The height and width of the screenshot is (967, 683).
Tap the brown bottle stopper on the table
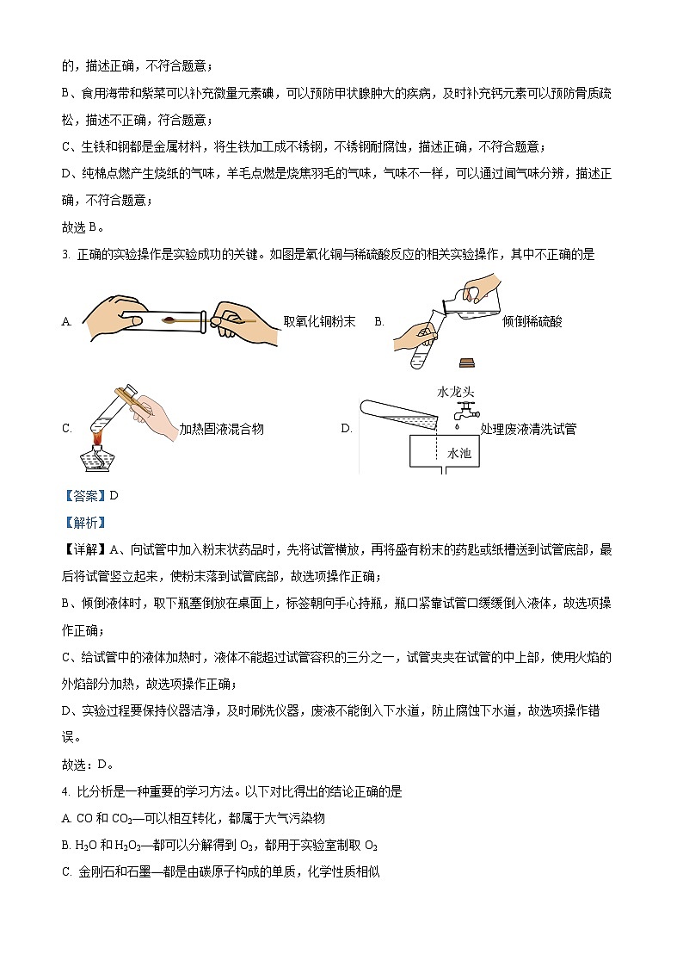467,362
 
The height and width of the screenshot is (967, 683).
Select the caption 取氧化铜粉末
319,321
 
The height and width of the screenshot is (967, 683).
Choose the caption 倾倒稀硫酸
532,321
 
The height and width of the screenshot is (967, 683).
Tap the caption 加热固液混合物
221,429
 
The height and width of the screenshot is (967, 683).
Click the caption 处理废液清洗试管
528,429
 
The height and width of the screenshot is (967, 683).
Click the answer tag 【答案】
83,495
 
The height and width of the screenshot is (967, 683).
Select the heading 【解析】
83,522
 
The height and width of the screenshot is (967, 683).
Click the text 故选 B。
83,227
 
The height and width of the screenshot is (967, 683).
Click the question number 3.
65,254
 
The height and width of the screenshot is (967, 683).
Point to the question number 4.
65,791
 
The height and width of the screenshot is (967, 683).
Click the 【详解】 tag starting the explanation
83,549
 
